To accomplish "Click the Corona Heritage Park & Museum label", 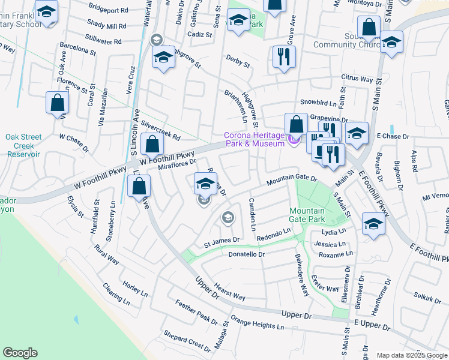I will [x=254, y=139].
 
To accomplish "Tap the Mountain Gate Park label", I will [x=306, y=215].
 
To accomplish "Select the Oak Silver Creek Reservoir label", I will [x=23, y=145].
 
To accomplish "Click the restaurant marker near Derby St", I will [x=283, y=58].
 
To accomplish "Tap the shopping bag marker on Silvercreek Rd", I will [x=153, y=145].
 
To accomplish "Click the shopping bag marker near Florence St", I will [x=57, y=103].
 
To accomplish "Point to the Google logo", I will [x=20, y=353].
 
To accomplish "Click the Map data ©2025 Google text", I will [x=412, y=355].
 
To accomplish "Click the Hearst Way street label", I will [x=230, y=292].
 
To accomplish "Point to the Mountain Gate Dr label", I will [x=292, y=178].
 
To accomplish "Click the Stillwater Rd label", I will [x=104, y=41].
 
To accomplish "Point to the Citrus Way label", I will [x=357, y=79].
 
